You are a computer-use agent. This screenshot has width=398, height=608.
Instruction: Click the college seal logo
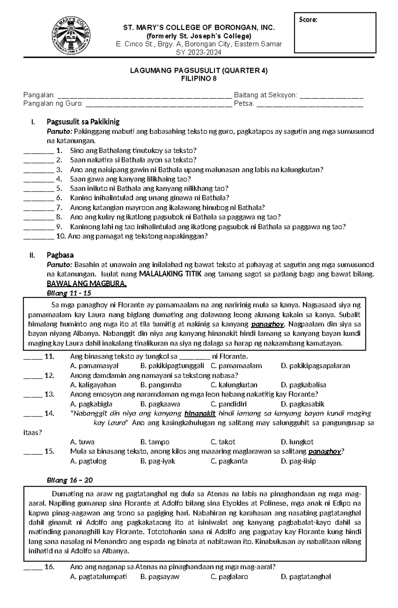72,36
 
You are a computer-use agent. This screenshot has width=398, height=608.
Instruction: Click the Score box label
308,20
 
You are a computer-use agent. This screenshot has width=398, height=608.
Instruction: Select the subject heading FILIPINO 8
199,79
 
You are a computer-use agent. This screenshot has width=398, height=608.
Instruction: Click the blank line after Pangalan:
145,96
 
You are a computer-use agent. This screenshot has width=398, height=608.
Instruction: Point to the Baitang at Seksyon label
265,95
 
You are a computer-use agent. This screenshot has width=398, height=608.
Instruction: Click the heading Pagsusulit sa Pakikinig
83,122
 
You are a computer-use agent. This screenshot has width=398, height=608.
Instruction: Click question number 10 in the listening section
61,236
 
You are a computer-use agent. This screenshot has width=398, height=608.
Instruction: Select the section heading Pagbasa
60,255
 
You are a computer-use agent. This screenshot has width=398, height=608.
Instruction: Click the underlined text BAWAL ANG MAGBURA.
87,284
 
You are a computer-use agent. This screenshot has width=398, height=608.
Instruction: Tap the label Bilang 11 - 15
69,293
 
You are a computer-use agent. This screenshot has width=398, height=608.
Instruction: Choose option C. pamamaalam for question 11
236,366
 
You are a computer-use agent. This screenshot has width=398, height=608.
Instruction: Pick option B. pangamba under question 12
161,385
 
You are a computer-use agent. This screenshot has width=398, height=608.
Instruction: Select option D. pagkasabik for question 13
302,404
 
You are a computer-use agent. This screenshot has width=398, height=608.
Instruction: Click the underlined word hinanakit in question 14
200,414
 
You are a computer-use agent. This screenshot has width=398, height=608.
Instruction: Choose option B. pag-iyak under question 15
158,461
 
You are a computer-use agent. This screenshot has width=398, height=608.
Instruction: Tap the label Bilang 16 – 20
70,480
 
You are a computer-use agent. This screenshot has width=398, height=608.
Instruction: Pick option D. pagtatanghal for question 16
305,577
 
